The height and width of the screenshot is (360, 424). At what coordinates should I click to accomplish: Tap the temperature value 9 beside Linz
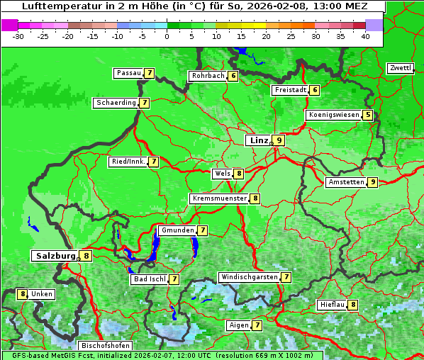[279, 140]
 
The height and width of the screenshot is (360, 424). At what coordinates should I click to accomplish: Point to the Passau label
[128, 73]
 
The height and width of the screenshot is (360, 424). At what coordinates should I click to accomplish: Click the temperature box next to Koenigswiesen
[367, 115]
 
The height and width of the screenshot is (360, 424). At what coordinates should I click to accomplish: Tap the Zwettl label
[400, 68]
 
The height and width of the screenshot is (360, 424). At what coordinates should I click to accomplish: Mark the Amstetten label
[346, 182]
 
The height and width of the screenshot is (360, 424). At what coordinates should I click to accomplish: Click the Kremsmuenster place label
[219, 198]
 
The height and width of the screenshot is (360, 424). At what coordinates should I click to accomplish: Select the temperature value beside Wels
[240, 174]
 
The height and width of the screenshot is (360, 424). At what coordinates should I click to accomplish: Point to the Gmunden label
[177, 230]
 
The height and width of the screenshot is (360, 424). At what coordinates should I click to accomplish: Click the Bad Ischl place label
[149, 279]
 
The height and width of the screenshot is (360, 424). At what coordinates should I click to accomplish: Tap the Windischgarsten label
[248, 277]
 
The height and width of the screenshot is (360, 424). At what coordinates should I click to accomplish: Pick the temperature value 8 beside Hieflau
[353, 305]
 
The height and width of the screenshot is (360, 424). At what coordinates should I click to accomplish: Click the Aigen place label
[238, 325]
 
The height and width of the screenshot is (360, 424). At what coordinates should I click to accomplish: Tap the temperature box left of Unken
[23, 294]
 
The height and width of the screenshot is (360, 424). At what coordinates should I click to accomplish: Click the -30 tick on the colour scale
[18, 36]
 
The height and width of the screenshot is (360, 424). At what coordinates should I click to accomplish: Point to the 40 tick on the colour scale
[365, 36]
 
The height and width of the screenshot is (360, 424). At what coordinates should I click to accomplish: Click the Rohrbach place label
[208, 76]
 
